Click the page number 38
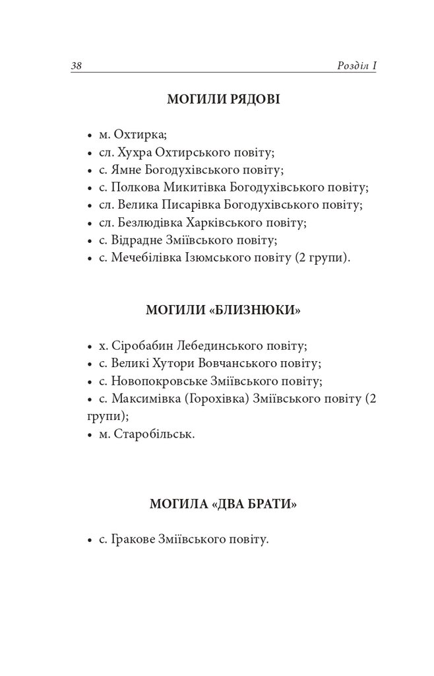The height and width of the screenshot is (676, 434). pyautogui.click(x=75, y=65)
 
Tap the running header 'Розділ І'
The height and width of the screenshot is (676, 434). pyautogui.click(x=356, y=65)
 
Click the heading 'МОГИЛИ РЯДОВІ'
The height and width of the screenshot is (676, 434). pyautogui.click(x=223, y=100)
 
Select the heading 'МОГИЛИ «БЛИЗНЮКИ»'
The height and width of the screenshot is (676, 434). pyautogui.click(x=223, y=310)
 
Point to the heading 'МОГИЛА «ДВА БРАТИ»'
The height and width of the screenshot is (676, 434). pyautogui.click(x=223, y=506)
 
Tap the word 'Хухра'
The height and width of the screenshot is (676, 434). pyautogui.click(x=133, y=152)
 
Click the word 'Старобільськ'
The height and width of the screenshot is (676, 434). pyautogui.click(x=155, y=434)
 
